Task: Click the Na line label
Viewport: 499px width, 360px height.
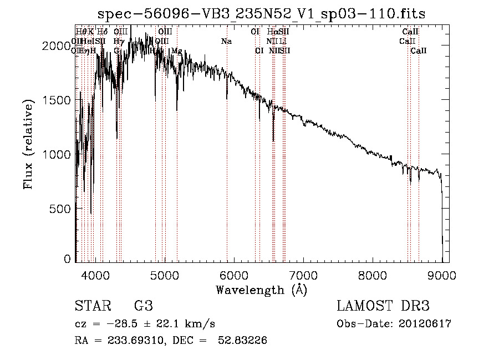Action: [x=226, y=41]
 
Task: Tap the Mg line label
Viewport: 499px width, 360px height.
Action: [x=176, y=50]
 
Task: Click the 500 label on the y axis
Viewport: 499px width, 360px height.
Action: [x=60, y=208]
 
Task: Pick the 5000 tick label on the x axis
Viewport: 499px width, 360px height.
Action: [x=165, y=275]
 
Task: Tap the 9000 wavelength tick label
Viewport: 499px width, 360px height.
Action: [x=442, y=275]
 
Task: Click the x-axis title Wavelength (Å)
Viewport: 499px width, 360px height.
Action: [x=261, y=290]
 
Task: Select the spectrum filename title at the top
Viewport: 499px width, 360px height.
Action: [x=261, y=13]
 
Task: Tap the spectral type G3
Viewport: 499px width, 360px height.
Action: [x=144, y=306]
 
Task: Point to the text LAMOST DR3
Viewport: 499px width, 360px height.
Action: [x=383, y=306]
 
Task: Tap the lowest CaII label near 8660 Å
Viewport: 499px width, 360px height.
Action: [x=419, y=50]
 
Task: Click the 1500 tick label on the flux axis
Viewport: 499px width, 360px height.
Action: [x=57, y=100]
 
